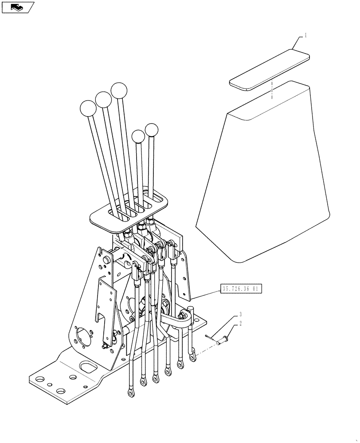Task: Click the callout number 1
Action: [305, 35]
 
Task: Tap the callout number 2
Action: [240, 324]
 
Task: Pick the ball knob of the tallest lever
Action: [119, 91]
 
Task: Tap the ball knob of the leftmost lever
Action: [88, 109]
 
